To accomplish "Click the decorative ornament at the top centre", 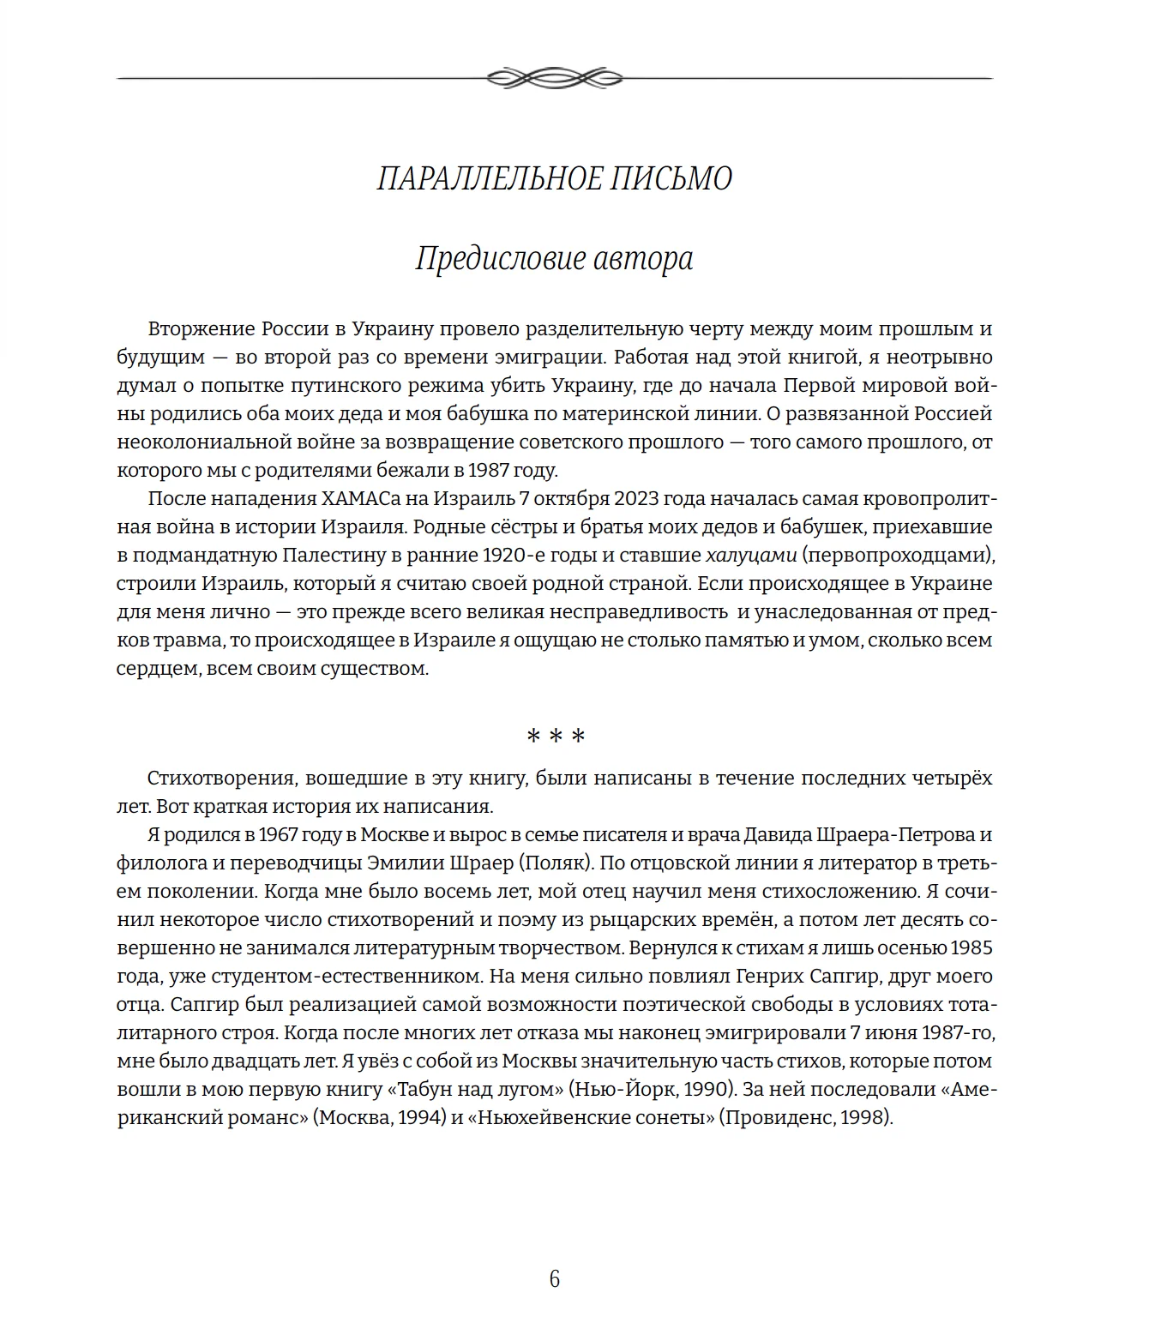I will click(554, 78).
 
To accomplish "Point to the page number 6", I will click(554, 1279).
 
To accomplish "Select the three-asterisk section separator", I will click(555, 737).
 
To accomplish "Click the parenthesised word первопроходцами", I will click(899, 556).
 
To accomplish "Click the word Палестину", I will click(334, 556).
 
